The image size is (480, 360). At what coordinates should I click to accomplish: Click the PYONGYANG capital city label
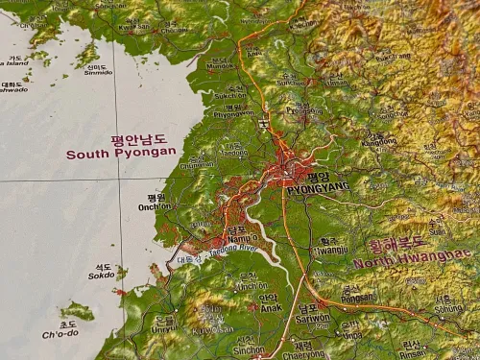(311, 190)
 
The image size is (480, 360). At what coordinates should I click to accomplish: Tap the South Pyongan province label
(121, 152)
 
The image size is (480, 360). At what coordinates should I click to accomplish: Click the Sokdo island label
(102, 274)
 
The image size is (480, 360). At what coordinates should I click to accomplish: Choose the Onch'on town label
(155, 205)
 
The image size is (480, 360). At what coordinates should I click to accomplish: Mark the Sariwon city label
(312, 316)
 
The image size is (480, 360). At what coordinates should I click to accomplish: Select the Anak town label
(268, 306)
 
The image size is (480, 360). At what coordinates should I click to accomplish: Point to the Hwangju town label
(332, 250)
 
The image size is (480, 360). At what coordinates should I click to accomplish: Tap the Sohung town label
(447, 309)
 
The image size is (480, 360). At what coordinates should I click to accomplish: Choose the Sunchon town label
(289, 82)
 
